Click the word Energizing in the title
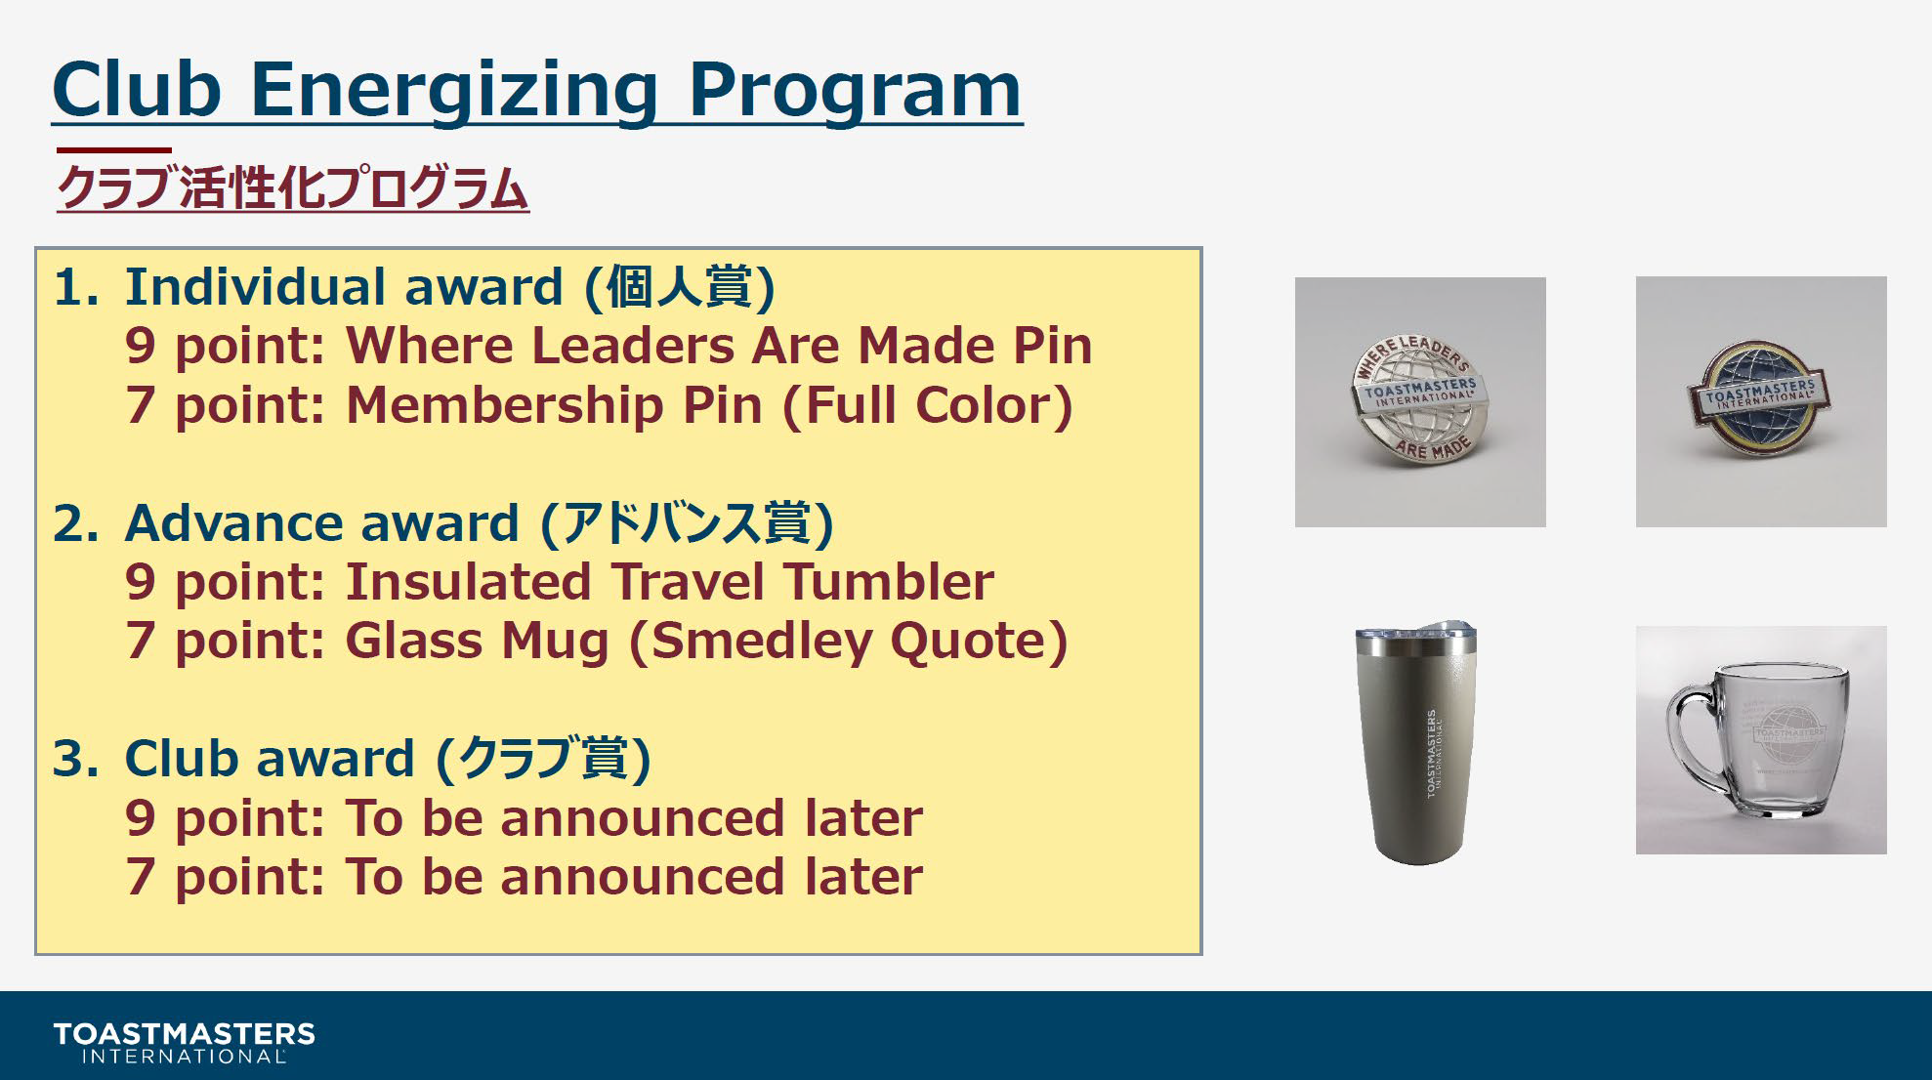click(x=455, y=91)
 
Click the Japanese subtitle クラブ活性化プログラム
click(x=293, y=187)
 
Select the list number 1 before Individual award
click(x=76, y=287)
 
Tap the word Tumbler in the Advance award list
click(x=889, y=582)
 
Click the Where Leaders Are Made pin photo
click(x=1420, y=402)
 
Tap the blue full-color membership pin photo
click(x=1761, y=401)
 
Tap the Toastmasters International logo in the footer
click(x=185, y=1042)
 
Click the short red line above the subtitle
click(x=114, y=150)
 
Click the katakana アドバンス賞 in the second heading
click(x=688, y=523)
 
